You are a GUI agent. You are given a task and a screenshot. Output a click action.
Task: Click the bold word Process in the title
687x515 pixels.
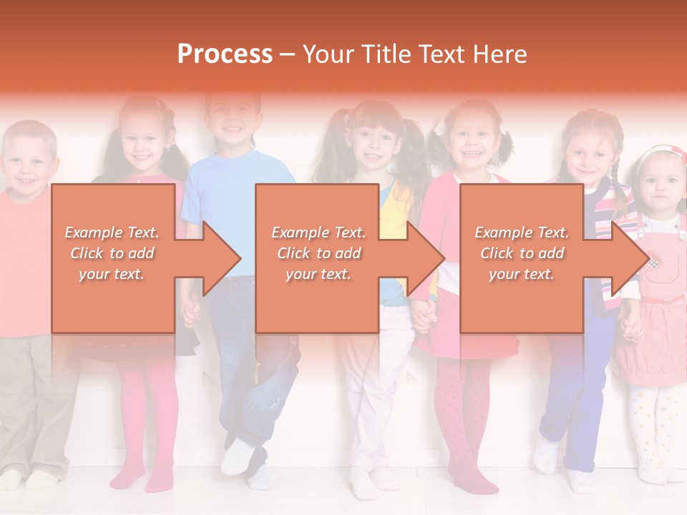click(x=225, y=54)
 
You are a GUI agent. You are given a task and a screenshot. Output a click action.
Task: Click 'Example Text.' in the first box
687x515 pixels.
click(x=112, y=232)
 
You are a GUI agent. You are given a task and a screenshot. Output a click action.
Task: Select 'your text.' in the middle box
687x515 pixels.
click(x=318, y=274)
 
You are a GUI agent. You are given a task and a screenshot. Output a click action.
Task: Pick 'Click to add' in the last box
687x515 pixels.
click(x=522, y=253)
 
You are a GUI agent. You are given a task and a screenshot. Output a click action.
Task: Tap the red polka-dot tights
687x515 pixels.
click(x=462, y=415)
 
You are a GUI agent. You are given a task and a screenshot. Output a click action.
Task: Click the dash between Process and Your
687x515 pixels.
click(x=287, y=54)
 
